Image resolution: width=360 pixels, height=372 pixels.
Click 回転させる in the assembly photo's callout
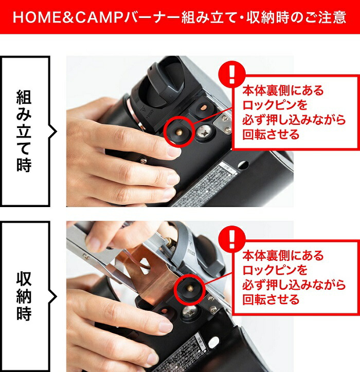coord(271,135)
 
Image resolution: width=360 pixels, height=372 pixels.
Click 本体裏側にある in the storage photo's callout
coord(283,255)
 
